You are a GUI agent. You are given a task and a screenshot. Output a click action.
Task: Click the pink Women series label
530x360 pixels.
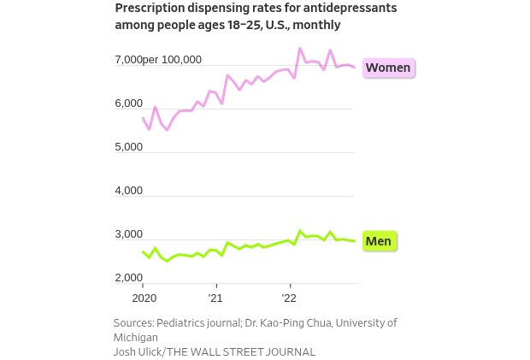pyautogui.click(x=388, y=68)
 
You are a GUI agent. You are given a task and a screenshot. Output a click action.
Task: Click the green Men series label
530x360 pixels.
pyautogui.click(x=378, y=241)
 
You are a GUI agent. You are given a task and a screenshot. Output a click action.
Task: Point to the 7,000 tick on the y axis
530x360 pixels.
pyautogui.click(x=128, y=60)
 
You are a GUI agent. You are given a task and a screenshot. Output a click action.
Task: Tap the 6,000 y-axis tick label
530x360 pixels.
pyautogui.click(x=128, y=103)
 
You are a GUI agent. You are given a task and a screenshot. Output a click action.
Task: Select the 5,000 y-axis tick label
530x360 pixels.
pyautogui.click(x=128, y=147)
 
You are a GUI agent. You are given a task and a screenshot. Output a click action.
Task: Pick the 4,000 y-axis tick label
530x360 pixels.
pyautogui.click(x=128, y=191)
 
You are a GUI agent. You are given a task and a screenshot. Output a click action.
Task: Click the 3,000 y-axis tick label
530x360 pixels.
pyautogui.click(x=128, y=234)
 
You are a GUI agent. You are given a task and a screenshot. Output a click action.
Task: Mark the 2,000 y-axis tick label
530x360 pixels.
pyautogui.click(x=128, y=278)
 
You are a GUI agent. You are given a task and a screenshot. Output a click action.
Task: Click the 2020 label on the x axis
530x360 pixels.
pyautogui.click(x=143, y=298)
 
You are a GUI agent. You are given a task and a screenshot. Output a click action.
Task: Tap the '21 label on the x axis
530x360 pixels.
pyautogui.click(x=215, y=298)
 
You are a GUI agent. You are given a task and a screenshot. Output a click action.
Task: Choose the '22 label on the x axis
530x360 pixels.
pyautogui.click(x=289, y=298)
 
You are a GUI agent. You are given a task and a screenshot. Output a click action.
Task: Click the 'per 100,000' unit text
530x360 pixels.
pyautogui.click(x=173, y=60)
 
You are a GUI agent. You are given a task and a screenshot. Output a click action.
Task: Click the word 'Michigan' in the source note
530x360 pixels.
pyautogui.click(x=136, y=338)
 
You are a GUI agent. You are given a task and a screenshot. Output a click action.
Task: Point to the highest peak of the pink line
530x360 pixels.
pyautogui.click(x=300, y=49)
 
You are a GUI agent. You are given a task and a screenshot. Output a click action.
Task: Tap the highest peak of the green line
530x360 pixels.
pyautogui.click(x=300, y=231)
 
